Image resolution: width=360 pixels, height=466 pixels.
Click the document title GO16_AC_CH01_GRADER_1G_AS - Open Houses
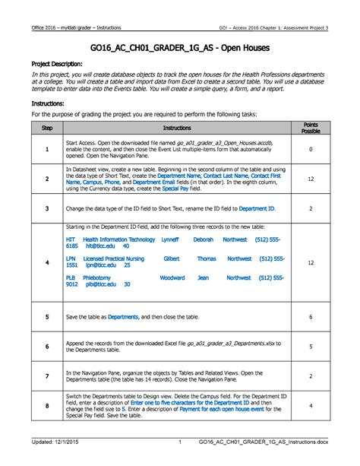[x=179, y=46]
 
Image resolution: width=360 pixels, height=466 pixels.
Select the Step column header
[x=46, y=129]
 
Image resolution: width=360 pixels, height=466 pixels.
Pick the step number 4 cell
[x=46, y=262]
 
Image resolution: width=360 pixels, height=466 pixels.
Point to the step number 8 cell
[x=46, y=407]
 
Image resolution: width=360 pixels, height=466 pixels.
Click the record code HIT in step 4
[x=71, y=239]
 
